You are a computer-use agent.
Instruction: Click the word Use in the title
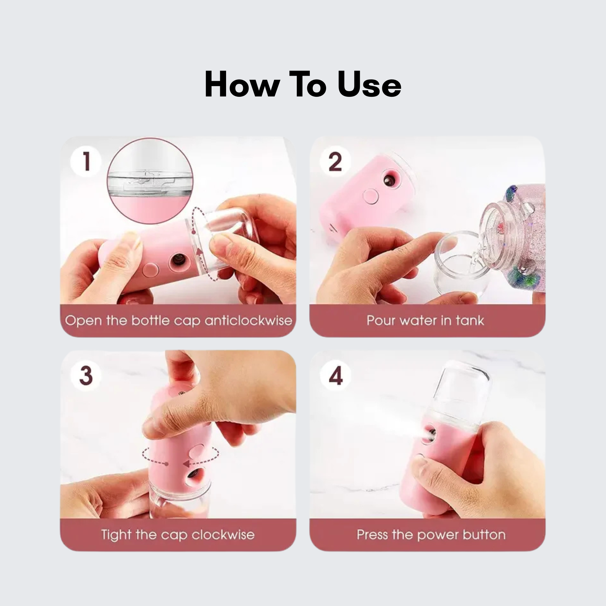(x=370, y=84)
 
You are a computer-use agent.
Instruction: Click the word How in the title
(x=241, y=84)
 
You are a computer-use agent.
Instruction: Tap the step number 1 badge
(x=86, y=161)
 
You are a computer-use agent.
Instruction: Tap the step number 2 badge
(x=335, y=161)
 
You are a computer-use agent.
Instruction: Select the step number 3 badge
(x=86, y=375)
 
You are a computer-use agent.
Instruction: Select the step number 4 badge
(x=335, y=375)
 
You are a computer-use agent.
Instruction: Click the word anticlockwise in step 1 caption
(x=249, y=320)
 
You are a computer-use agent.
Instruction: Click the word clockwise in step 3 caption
(x=223, y=535)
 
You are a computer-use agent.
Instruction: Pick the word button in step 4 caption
(x=484, y=535)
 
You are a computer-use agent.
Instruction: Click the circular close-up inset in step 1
(x=150, y=181)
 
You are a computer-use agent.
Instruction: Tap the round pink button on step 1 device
(x=151, y=270)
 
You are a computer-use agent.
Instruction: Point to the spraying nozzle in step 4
(x=430, y=434)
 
